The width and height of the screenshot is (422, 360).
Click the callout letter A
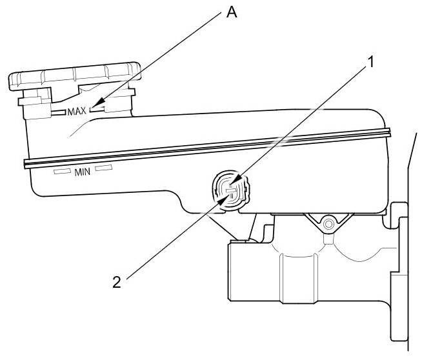coord(232,12)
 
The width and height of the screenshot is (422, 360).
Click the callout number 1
coord(371,62)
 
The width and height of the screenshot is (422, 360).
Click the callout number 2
coord(117,283)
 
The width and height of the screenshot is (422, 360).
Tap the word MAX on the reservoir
coord(77,111)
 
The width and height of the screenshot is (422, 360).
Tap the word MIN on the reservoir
coord(83,172)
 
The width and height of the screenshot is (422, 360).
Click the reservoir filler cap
coord(75,76)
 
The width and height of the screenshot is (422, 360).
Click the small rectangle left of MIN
coord(63,171)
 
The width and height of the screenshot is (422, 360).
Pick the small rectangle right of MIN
coord(104,168)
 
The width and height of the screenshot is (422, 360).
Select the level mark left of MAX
coord(59,112)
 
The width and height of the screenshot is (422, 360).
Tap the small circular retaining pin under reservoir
coord(328,224)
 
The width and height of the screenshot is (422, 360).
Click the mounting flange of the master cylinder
coord(399,272)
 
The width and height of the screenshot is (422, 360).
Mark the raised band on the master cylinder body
coord(298,278)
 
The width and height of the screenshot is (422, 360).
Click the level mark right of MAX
coord(97,108)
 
